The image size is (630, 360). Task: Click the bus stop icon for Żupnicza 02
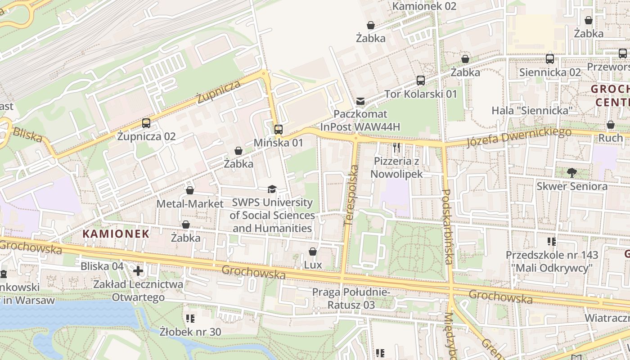tap(146, 123)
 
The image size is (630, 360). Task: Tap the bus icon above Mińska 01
tap(279, 130)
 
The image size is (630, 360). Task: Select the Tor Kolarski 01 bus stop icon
tap(421, 81)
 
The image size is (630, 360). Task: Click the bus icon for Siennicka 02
tap(550, 59)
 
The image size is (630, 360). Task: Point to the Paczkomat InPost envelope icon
tap(360, 101)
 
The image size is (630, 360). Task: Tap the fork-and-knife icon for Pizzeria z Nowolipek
tap(396, 148)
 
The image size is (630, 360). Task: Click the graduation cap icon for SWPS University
tap(272, 189)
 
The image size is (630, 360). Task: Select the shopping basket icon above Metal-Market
tap(190, 190)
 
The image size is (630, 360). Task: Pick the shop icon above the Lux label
tap(313, 252)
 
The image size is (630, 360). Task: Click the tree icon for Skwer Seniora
tap(571, 172)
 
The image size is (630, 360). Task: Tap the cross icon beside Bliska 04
tap(138, 270)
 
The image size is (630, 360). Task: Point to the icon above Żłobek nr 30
tap(190, 319)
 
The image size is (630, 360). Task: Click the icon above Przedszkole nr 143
tap(551, 242)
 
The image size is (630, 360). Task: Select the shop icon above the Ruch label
tap(610, 125)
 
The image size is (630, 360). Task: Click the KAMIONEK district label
tap(116, 234)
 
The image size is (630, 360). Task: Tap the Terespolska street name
tap(351, 196)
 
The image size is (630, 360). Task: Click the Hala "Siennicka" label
tap(531, 110)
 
